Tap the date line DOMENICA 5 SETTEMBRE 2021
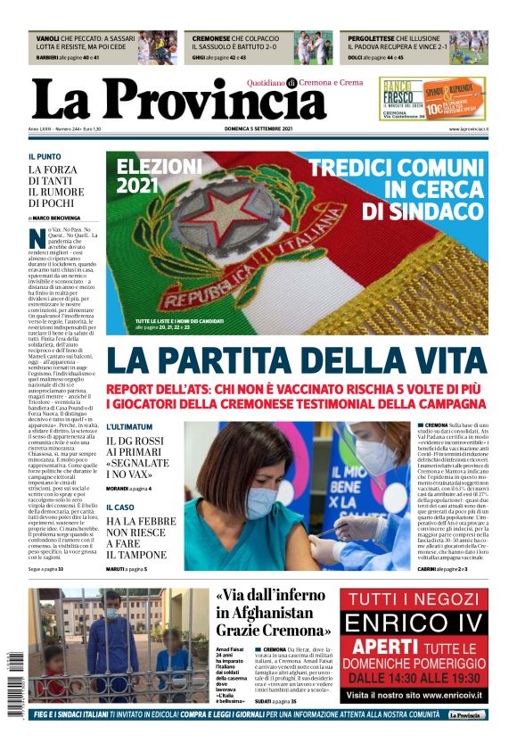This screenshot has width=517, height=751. [258, 129]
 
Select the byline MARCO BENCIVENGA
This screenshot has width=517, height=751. [57, 218]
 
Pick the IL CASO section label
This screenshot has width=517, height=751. [119, 508]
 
